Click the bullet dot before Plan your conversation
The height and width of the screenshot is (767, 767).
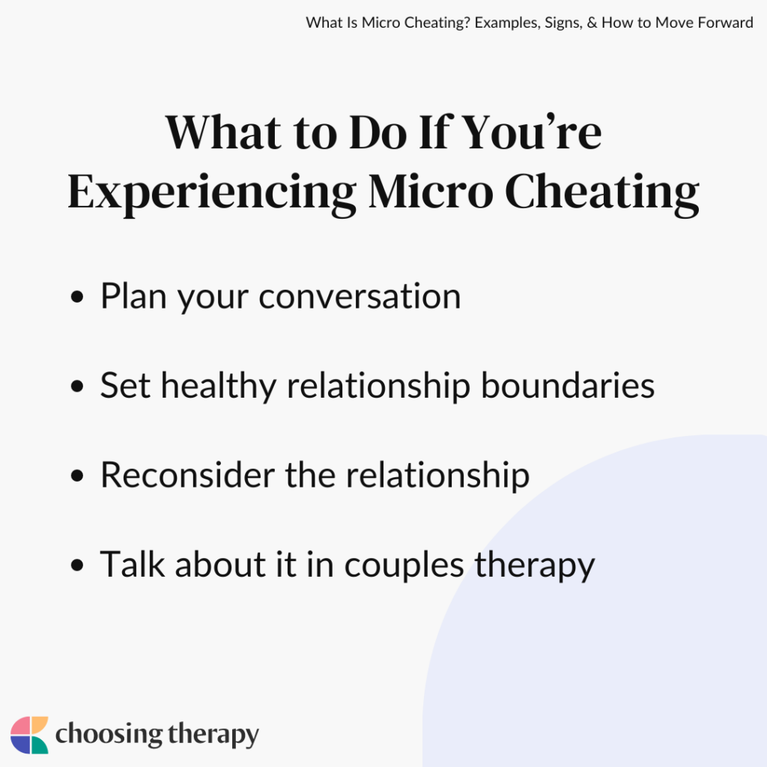(76, 297)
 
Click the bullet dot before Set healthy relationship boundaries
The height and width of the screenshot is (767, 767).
(76, 387)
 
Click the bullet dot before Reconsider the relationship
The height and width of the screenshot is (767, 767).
(76, 476)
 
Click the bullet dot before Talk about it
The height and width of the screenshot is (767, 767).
(76, 566)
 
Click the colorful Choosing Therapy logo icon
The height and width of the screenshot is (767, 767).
(29, 735)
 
